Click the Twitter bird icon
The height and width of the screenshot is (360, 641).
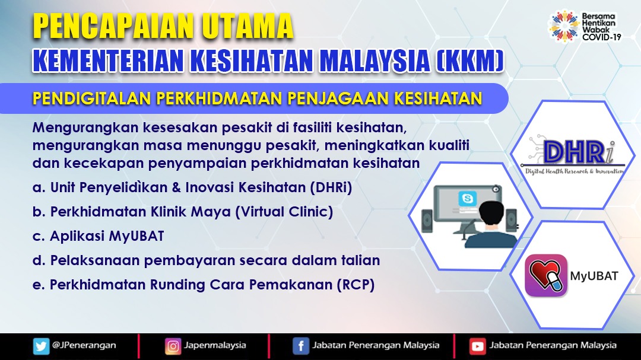(41, 346)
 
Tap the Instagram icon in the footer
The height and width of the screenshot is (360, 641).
(173, 346)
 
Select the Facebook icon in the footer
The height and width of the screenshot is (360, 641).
(301, 346)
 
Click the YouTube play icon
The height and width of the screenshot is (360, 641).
(477, 346)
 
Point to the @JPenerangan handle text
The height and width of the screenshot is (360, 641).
(84, 345)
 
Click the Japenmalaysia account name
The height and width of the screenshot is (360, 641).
(215, 345)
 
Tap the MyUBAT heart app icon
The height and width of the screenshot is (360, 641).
(546, 275)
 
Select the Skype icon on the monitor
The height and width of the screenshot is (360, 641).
(467, 199)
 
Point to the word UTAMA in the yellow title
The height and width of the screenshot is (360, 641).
(247, 26)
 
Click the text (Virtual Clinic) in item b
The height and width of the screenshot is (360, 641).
(284, 212)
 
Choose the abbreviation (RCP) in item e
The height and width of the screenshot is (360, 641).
(356, 285)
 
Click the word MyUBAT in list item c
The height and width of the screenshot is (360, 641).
(137, 236)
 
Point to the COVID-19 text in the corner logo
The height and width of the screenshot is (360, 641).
(602, 37)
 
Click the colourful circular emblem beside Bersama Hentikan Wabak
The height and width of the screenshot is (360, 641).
(564, 26)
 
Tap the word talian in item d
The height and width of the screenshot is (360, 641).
(361, 260)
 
